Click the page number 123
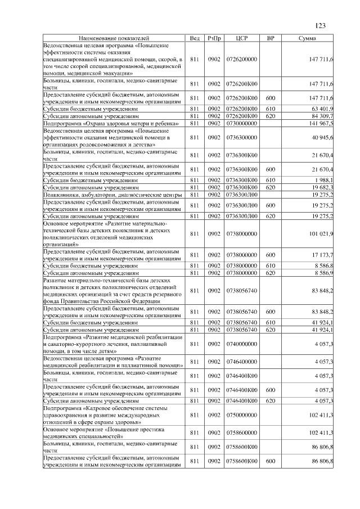click(321, 25)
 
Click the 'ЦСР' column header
click(241, 38)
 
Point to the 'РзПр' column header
click(214, 38)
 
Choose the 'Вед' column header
click(195, 38)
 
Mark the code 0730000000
click(241, 123)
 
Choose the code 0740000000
click(241, 343)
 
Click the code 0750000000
click(241, 415)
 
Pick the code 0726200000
click(241, 59)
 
